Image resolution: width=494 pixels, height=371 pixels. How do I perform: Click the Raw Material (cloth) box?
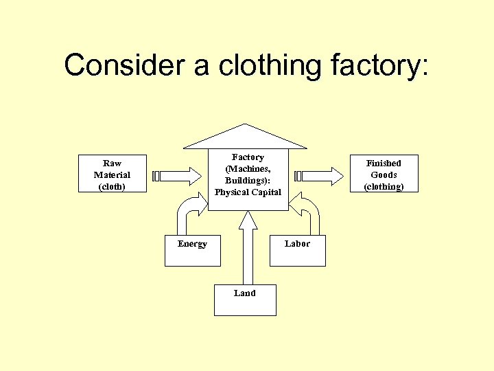click(x=112, y=174)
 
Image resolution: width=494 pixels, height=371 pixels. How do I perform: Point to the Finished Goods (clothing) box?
click(x=383, y=174)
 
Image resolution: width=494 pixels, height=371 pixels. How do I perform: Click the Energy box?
click(x=193, y=251)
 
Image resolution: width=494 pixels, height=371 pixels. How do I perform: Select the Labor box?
click(x=297, y=251)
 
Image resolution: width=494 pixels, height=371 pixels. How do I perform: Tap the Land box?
click(x=244, y=300)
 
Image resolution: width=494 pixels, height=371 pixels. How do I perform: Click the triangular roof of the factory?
click(x=245, y=138)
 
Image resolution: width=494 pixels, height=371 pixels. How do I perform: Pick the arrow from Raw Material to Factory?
click(x=180, y=176)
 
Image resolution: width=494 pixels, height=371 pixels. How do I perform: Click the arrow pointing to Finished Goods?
click(x=320, y=176)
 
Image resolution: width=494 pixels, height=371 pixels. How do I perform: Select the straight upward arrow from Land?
click(x=247, y=247)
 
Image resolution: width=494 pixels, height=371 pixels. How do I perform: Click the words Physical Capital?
click(x=248, y=192)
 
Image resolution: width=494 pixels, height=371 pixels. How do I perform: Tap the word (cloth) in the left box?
click(x=112, y=186)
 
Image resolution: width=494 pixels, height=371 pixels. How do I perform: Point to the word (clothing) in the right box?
click(x=383, y=186)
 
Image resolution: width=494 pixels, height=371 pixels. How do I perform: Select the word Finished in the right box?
click(x=383, y=163)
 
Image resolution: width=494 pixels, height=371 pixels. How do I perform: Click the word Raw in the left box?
click(x=112, y=163)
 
